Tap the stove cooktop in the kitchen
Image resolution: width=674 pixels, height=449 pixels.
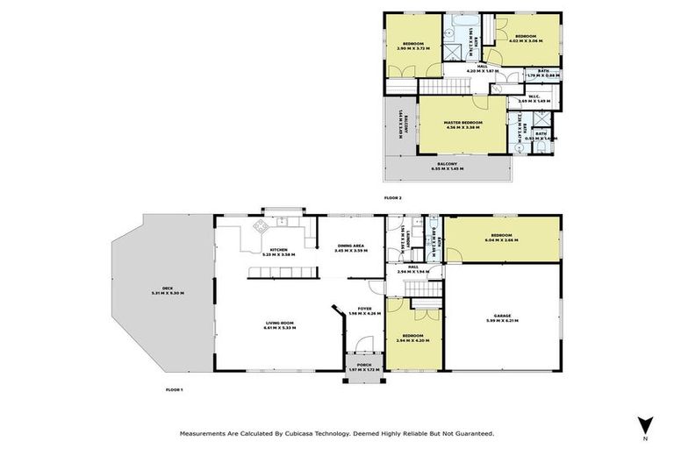261,227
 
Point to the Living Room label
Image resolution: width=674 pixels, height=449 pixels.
280,325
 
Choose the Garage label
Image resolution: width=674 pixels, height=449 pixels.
502,317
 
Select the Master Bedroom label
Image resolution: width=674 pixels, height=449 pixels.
462,124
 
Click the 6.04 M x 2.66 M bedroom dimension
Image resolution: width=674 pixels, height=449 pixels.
502,240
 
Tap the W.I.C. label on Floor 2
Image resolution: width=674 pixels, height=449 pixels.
534,98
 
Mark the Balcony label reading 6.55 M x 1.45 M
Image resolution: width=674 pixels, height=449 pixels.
448,166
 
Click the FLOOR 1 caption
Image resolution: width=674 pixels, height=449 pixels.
174,388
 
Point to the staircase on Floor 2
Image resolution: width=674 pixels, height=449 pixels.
445,87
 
